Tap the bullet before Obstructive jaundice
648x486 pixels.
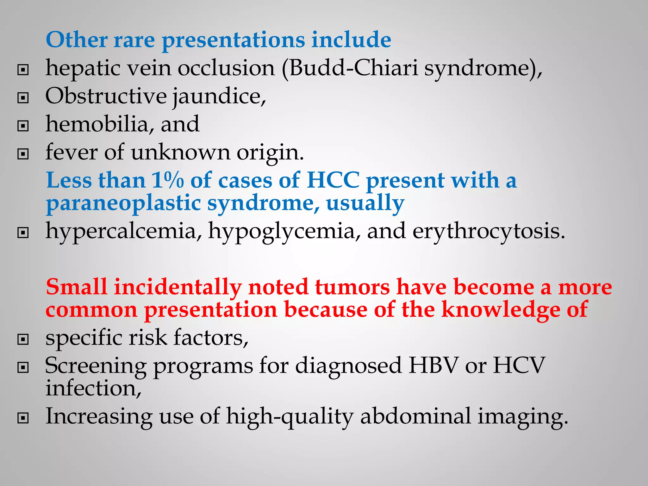pyautogui.click(x=23, y=98)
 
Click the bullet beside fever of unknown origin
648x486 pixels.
pyautogui.click(x=23, y=154)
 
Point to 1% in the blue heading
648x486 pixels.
pyautogui.click(x=167, y=180)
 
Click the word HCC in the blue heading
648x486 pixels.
pyautogui.click(x=333, y=180)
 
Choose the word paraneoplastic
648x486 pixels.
pyautogui.click(x=123, y=203)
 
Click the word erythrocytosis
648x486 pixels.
pyautogui.click(x=489, y=231)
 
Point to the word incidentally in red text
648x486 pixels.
pyautogui.click(x=178, y=287)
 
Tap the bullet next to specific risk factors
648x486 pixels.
pyautogui.click(x=23, y=340)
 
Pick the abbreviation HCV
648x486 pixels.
pyautogui.click(x=519, y=365)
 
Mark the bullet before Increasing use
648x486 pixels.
pyautogui.click(x=23, y=418)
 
